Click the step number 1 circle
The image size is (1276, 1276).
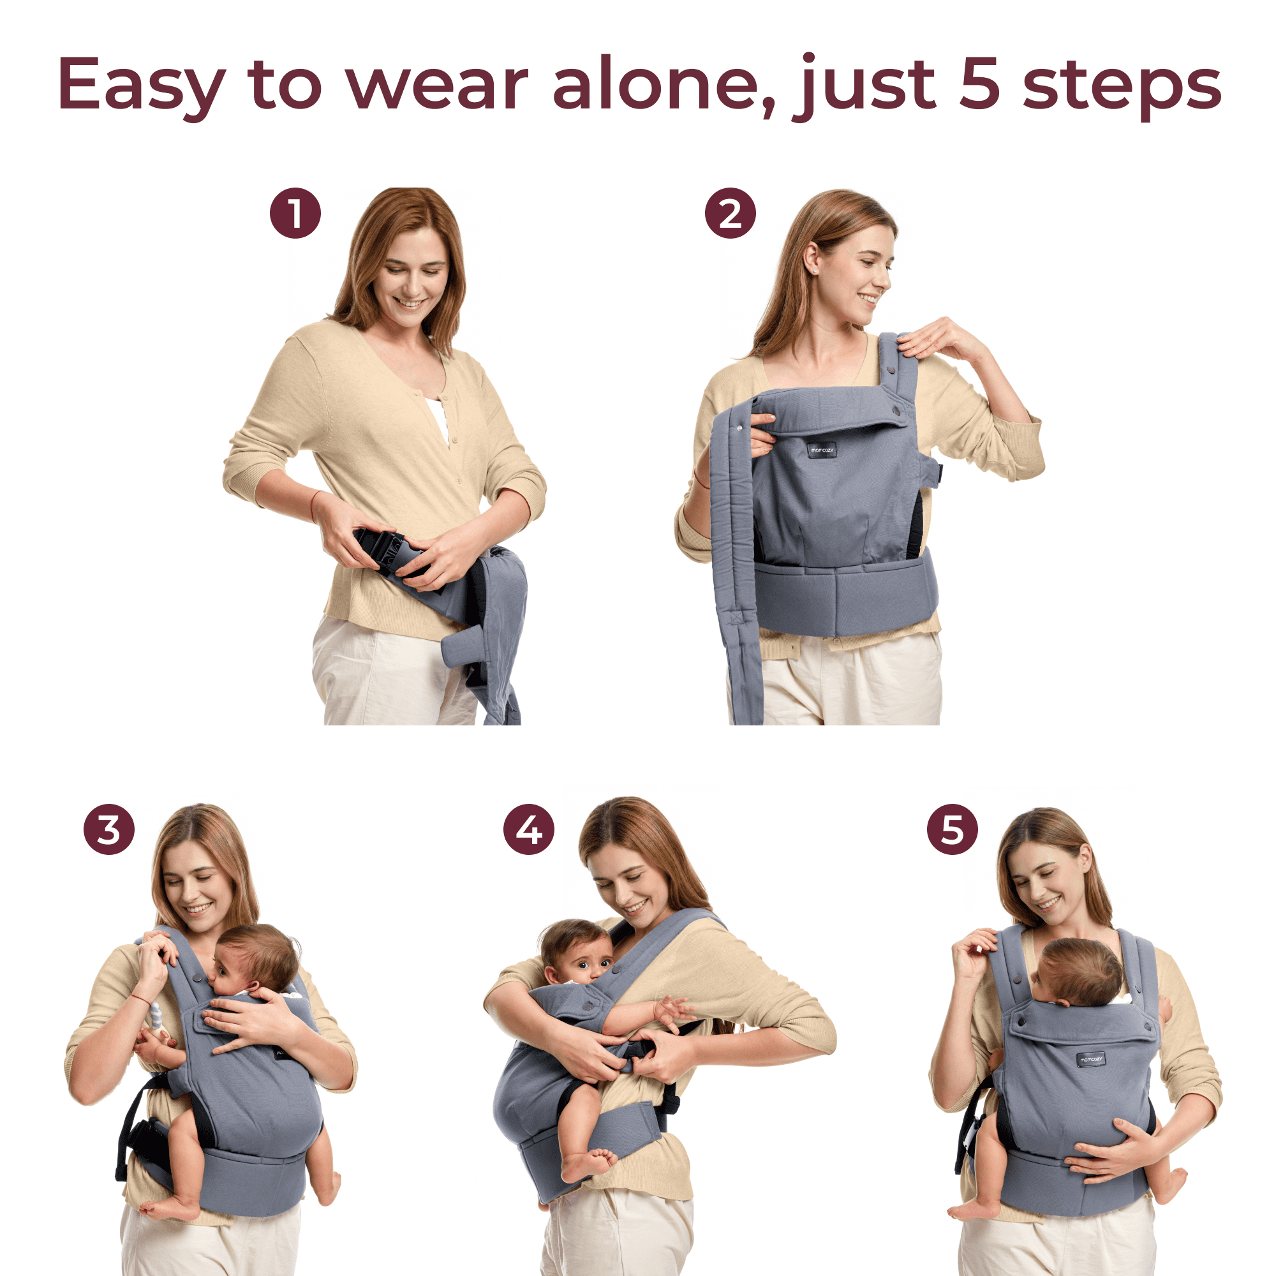(x=295, y=213)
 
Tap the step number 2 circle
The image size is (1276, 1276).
(x=730, y=213)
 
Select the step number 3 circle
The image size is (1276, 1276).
(x=109, y=829)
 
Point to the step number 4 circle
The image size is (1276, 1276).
(x=528, y=829)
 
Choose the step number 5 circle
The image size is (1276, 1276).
(x=952, y=829)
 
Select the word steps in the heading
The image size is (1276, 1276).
(x=1122, y=88)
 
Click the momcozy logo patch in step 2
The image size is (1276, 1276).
(x=822, y=450)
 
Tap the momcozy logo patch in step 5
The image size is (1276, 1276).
(x=1090, y=1058)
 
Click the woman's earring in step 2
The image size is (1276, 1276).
(x=814, y=271)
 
